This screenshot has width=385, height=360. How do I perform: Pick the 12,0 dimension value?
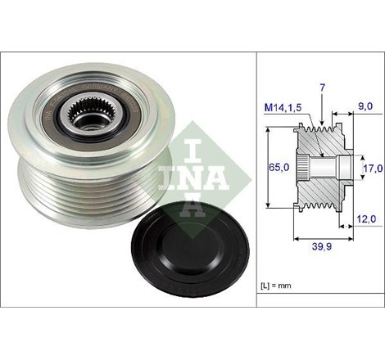click(368, 219)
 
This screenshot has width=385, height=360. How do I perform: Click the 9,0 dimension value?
click(365, 105)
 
